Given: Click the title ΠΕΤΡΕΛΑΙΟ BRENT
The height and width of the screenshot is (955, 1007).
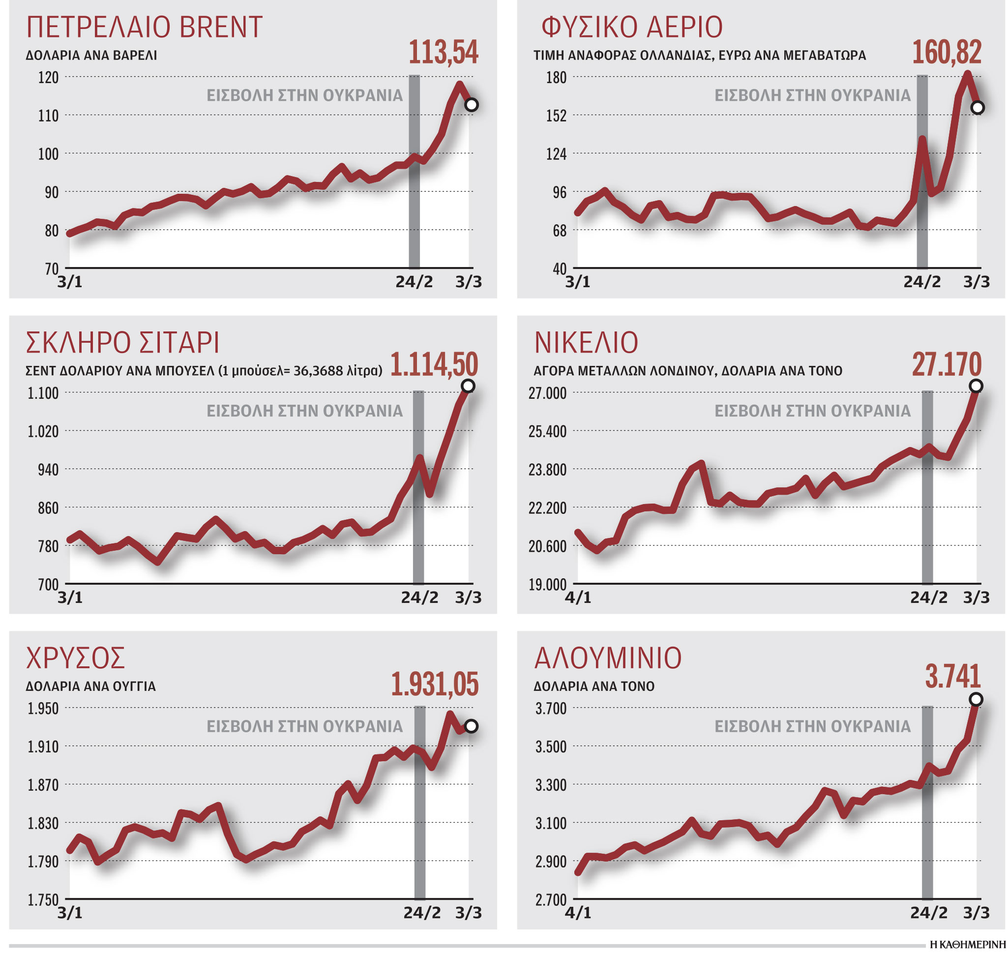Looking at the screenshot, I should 144,28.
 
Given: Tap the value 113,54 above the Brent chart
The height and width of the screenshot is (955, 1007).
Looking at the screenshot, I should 443,53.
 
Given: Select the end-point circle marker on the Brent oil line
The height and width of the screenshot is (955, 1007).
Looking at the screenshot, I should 472,105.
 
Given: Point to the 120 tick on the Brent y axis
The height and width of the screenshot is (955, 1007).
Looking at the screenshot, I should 48,77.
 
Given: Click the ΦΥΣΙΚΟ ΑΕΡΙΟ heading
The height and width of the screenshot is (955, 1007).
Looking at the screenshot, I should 631,28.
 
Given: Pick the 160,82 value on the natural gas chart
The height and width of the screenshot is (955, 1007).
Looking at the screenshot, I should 946,53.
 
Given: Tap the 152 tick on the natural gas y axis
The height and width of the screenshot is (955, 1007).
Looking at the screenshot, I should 556,116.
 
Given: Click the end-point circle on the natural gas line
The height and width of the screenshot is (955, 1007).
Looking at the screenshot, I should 977,107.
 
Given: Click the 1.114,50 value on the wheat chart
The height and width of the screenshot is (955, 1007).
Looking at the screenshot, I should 434,365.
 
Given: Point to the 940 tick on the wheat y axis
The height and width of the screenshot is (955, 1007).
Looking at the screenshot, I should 48,469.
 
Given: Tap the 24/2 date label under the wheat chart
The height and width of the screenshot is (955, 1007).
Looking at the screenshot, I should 419,597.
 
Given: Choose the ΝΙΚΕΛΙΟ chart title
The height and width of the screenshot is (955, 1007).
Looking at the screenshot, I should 586,343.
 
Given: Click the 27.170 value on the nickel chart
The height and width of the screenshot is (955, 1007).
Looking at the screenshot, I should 946,365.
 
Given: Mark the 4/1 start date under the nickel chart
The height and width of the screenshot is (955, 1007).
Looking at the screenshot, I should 578,597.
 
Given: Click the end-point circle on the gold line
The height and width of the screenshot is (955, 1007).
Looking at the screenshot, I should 471,726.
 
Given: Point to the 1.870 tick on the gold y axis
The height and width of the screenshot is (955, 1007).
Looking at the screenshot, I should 43,785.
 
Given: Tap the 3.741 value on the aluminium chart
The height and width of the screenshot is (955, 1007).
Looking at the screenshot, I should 952,677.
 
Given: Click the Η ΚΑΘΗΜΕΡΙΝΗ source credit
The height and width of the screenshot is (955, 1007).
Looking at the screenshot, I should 967,945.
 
